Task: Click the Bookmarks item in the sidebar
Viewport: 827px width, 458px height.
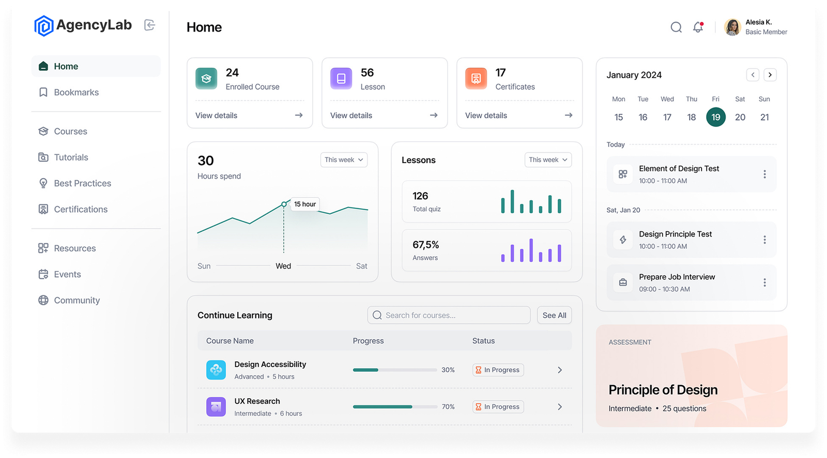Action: point(76,92)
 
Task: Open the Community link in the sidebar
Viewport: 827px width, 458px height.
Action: point(76,301)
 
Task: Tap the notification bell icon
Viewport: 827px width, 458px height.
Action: point(698,27)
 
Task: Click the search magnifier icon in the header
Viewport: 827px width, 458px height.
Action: point(676,27)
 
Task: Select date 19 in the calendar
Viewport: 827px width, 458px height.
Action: point(716,117)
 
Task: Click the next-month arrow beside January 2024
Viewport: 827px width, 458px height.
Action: point(770,75)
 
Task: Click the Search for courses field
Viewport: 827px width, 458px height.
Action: point(449,315)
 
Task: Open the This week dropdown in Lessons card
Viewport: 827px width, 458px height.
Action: point(548,160)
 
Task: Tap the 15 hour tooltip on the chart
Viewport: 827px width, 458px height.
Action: point(305,204)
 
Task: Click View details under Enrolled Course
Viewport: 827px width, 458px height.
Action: point(217,116)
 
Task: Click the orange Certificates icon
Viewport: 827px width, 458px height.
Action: point(476,78)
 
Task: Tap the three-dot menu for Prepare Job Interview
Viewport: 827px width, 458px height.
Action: point(764,282)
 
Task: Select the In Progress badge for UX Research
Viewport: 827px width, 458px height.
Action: point(498,407)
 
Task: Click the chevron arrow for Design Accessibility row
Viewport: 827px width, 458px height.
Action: point(560,370)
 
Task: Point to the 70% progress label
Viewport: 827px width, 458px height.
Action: point(448,407)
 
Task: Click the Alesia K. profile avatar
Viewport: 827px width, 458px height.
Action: point(732,27)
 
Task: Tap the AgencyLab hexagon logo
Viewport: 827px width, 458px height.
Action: point(43,26)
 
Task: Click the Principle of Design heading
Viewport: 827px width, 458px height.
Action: point(663,390)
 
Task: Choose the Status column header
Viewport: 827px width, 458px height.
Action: point(483,341)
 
